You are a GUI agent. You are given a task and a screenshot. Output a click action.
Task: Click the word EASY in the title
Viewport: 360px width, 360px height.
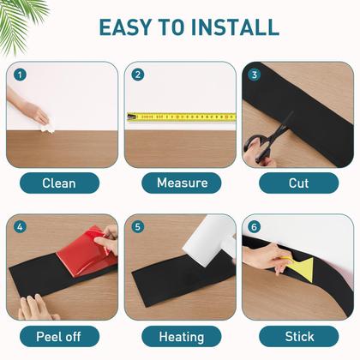pyautogui.click(x=125, y=27)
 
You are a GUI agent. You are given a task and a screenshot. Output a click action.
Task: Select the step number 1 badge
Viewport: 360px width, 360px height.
pyautogui.click(x=20, y=75)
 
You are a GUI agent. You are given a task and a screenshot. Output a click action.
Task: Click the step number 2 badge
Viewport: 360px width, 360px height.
pyautogui.click(x=138, y=75)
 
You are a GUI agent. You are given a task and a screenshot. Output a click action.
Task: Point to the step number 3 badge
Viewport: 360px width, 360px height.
pyautogui.click(x=255, y=75)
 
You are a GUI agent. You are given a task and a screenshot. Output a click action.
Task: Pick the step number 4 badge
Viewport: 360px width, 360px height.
pyautogui.click(x=20, y=227)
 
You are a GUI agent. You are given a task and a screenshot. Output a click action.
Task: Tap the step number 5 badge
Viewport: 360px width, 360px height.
pyautogui.click(x=138, y=227)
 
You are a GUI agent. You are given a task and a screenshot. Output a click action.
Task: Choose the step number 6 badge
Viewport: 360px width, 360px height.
pyautogui.click(x=255, y=227)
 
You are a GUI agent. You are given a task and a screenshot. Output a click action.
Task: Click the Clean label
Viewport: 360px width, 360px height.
pyautogui.click(x=59, y=183)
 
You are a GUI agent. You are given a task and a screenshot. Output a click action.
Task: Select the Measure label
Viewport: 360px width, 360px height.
pyautogui.click(x=182, y=183)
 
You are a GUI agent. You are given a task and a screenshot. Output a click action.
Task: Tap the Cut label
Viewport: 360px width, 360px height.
pyautogui.click(x=299, y=183)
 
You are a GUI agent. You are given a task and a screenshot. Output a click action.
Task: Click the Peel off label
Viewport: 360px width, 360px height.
pyautogui.click(x=59, y=337)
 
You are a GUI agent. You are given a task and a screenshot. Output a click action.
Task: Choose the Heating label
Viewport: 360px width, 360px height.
pyautogui.click(x=182, y=337)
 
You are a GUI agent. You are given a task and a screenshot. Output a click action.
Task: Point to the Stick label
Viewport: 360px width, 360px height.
pyautogui.click(x=299, y=337)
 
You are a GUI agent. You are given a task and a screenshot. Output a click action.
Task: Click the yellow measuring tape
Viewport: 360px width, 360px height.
pyautogui.click(x=182, y=117)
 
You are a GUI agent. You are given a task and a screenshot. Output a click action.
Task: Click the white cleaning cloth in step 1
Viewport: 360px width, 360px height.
pyautogui.click(x=47, y=128)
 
